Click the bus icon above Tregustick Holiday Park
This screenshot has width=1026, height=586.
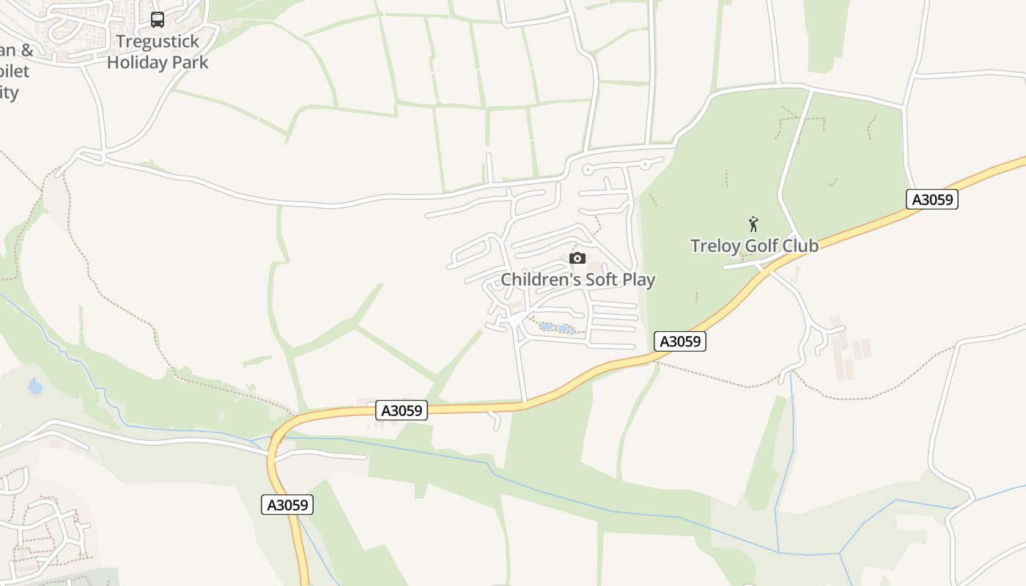(158, 20)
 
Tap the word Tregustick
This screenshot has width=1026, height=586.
(158, 42)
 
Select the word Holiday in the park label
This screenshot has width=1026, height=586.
(137, 62)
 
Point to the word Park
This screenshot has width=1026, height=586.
(190, 62)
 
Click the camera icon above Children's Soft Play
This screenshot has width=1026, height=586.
(577, 258)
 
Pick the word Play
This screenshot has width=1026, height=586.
(638, 280)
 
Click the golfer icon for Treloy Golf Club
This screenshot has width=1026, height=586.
(753, 224)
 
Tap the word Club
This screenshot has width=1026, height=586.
(800, 245)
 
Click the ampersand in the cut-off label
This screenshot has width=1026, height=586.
(26, 51)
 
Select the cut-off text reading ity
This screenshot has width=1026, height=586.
(9, 92)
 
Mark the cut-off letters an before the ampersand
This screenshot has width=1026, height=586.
(7, 51)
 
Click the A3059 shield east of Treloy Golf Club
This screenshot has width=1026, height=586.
(932, 199)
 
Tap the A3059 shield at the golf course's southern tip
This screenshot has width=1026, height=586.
(680, 341)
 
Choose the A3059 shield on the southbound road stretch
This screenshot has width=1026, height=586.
(287, 505)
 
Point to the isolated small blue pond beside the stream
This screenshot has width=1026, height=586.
(35, 386)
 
